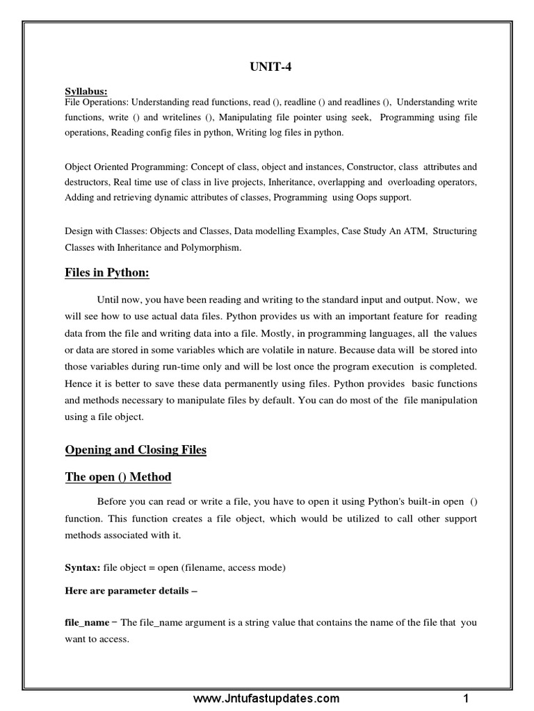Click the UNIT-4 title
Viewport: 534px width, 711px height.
tap(267, 67)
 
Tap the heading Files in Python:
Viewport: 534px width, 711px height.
tap(107, 273)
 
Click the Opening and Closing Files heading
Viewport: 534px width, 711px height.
tap(136, 450)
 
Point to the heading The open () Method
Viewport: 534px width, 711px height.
tap(118, 477)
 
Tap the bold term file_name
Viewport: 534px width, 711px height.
tap(87, 622)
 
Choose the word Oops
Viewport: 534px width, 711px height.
tap(381, 198)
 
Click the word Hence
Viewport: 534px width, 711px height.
tap(77, 384)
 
